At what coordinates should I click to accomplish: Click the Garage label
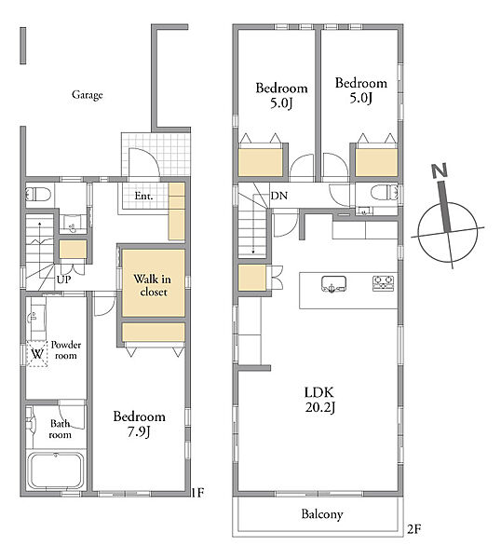pos(88,95)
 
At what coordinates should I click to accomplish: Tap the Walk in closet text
pos(153,285)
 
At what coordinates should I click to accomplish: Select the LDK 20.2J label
pos(319,400)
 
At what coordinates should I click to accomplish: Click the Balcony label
pos(322,514)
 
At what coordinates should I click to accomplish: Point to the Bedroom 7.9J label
pos(140,424)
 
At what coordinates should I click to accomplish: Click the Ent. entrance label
pos(143,196)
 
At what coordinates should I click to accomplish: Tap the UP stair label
pos(63,279)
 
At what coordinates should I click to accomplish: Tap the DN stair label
pos(279,196)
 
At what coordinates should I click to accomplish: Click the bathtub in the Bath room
pos(56,470)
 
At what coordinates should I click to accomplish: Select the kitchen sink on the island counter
pos(334,284)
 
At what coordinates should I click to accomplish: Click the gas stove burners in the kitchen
pos(384,283)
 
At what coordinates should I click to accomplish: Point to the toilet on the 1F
pos(38,195)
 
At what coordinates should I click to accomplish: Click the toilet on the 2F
pos(385,193)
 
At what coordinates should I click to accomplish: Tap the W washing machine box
pos(37,354)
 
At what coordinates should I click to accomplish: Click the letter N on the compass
pos(440,170)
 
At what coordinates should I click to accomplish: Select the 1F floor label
pos(197,493)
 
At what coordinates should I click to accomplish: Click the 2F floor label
pos(413,529)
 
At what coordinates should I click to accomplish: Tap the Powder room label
pos(66,350)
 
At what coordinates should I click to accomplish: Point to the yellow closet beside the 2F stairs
pos(252,278)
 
